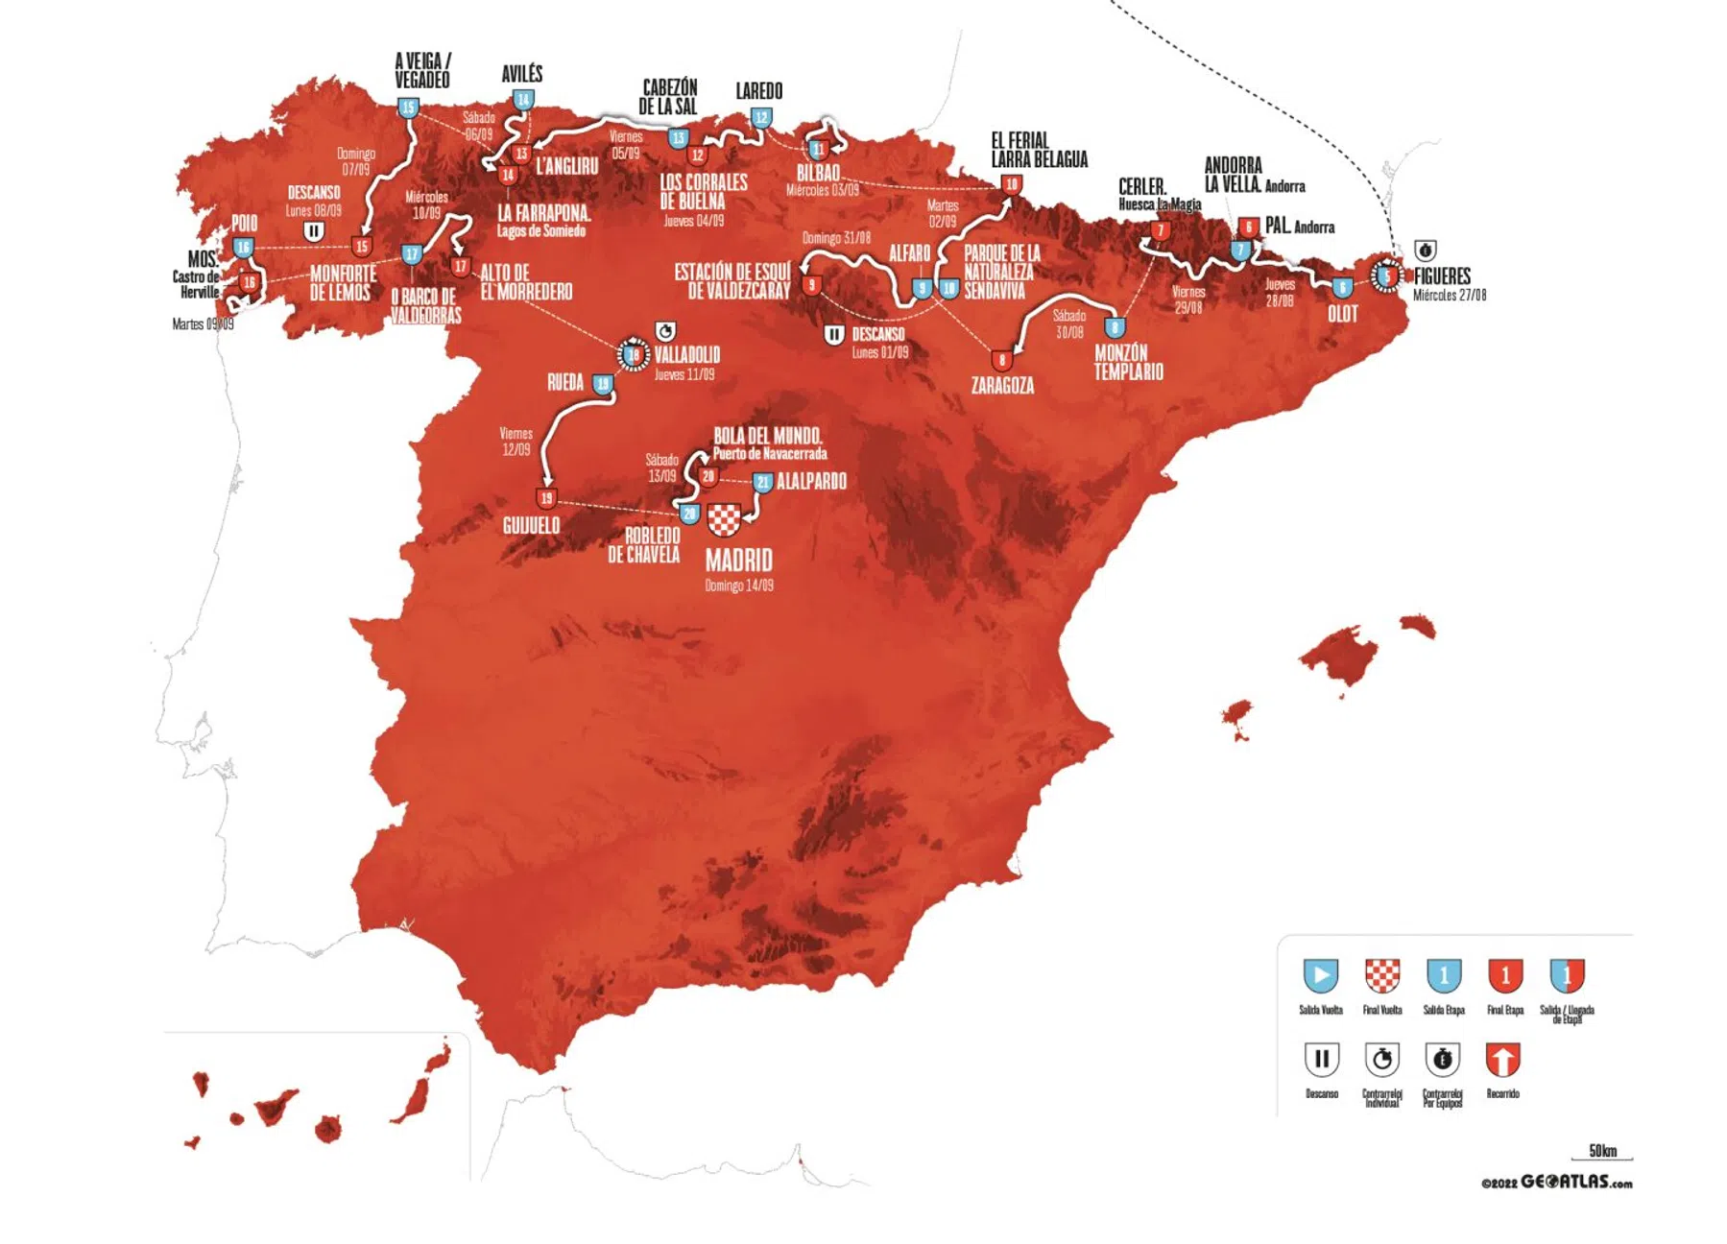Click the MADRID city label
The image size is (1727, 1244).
tap(738, 560)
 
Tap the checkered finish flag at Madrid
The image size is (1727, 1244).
tap(724, 519)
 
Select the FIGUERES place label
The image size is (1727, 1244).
tap(1442, 276)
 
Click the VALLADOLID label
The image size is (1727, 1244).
tap(687, 355)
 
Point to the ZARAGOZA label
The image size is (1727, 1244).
tap(1002, 386)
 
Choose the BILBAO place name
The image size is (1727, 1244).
tap(818, 173)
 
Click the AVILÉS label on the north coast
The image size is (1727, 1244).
tap(522, 74)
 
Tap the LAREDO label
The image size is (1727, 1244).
tap(758, 91)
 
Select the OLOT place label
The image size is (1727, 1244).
tap(1342, 314)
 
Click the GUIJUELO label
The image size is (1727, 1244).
tap(531, 525)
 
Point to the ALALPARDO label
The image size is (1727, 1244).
tap(811, 481)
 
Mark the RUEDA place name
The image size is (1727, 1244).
tap(565, 382)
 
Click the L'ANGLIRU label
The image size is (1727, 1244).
tap(566, 166)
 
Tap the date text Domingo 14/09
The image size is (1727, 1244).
tap(738, 586)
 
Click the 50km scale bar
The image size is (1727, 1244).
tap(1602, 1153)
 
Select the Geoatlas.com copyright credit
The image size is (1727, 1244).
tap(1556, 1183)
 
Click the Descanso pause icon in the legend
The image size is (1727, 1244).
tap(1321, 1060)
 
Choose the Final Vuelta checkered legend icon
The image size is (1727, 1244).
tap(1382, 975)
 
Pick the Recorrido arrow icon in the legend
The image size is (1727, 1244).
tap(1502, 1060)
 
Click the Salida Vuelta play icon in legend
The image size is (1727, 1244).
tap(1320, 975)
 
